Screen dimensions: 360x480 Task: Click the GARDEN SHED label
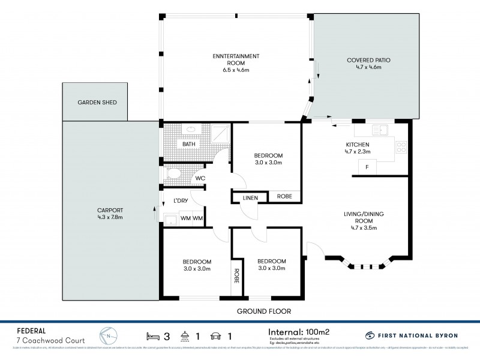tap(97, 103)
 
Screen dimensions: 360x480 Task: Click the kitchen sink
tap(380, 130)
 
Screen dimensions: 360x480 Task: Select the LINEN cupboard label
tap(250, 197)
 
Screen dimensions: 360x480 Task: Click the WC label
tap(199, 179)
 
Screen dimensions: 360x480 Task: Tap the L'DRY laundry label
tap(181, 200)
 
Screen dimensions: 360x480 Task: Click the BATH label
tap(188, 144)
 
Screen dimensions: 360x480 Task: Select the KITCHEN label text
tap(357, 145)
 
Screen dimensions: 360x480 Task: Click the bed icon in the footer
tap(152, 335)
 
